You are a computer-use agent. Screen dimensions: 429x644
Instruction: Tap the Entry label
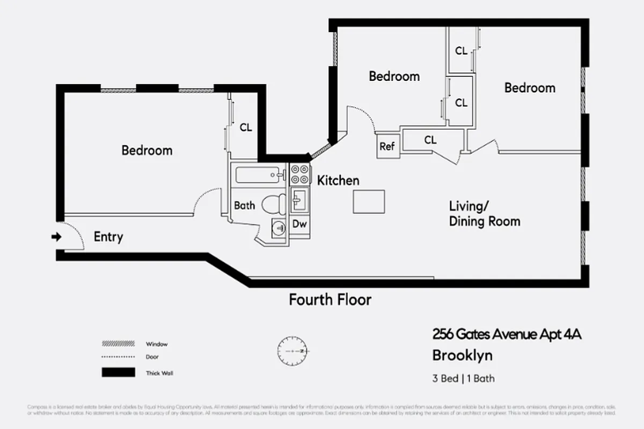click(108, 236)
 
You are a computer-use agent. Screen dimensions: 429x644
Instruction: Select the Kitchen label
click(338, 180)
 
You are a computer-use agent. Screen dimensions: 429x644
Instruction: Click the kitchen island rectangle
click(369, 202)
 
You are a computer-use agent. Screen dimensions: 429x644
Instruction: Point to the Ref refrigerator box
click(387, 146)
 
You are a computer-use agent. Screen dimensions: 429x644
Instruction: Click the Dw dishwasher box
click(300, 224)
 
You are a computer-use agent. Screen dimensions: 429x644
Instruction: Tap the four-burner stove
click(300, 174)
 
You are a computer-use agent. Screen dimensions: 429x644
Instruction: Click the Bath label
click(244, 205)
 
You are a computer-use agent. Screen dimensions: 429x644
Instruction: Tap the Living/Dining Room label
click(484, 213)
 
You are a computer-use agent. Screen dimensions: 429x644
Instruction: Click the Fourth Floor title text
click(330, 299)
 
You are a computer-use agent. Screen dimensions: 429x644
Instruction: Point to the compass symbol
click(291, 351)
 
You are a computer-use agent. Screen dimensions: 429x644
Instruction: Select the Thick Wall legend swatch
click(118, 373)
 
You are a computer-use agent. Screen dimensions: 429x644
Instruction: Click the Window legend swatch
click(118, 344)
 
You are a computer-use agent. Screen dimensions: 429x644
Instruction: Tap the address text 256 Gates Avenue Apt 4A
click(507, 335)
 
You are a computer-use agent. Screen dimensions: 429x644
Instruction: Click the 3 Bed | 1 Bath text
click(464, 379)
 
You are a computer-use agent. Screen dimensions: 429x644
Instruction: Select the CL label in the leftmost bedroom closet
click(246, 128)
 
